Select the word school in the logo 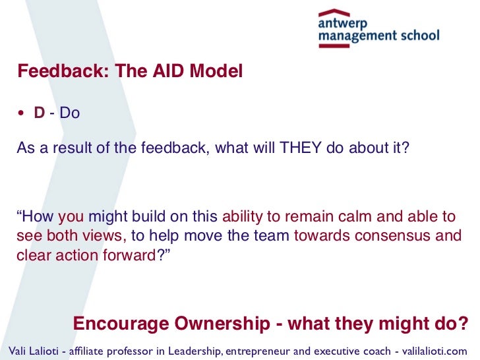[x=416, y=36]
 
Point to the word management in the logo [x=355, y=36]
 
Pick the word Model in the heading [x=219, y=71]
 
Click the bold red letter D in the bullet [x=40, y=113]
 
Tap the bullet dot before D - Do [x=21, y=113]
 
